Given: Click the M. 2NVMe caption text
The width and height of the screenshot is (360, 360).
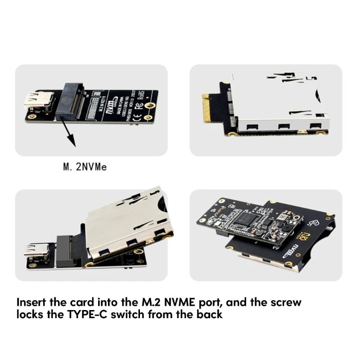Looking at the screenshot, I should pyautogui.click(x=85, y=168).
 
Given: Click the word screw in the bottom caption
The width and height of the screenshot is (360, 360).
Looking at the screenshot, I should pyautogui.click(x=287, y=302).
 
